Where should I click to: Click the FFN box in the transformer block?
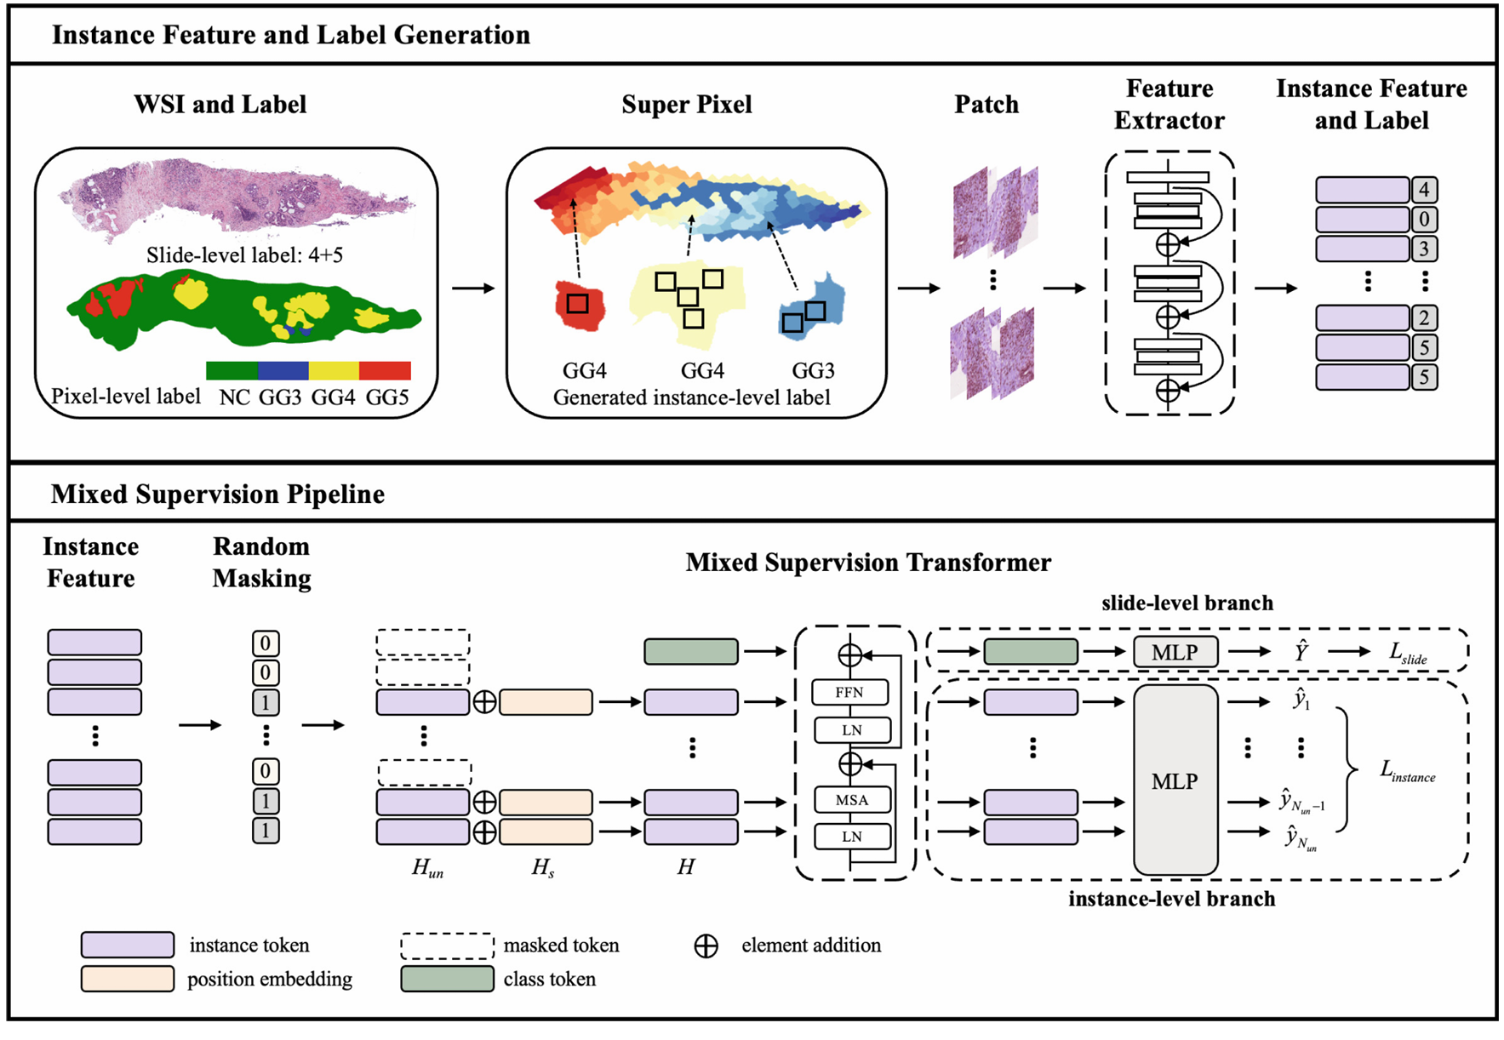[850, 692]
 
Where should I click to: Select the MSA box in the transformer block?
[852, 800]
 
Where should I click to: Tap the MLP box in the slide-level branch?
[1175, 652]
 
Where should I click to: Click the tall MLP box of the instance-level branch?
[1175, 780]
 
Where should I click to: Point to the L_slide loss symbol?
[1408, 653]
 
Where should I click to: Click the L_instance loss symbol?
[1408, 772]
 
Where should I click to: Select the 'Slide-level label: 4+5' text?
[244, 254]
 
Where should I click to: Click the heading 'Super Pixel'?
[687, 105]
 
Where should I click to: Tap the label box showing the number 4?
[1424, 190]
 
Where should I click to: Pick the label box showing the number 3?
[1424, 249]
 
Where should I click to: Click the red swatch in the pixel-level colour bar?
[385, 370]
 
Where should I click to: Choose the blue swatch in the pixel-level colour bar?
[283, 370]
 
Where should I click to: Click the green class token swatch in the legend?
[447, 979]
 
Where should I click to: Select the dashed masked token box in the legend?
[447, 946]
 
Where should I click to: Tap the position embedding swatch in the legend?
[128, 979]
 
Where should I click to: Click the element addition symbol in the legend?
[706, 946]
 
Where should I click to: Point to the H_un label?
[427, 868]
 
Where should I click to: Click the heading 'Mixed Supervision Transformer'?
[868, 563]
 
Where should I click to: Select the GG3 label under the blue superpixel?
[813, 371]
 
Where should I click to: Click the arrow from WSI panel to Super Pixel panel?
[473, 289]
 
